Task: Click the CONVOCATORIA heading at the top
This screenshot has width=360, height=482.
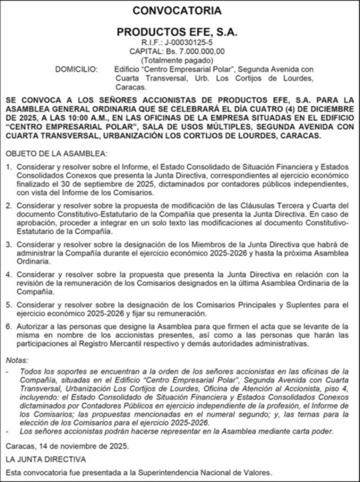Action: click(x=177, y=11)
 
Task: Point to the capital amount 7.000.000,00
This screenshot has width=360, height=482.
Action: click(x=200, y=51)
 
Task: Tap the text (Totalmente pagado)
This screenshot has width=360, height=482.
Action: click(x=177, y=60)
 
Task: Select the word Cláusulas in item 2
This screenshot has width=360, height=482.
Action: click(x=260, y=206)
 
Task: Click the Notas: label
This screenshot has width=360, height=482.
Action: click(x=17, y=360)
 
